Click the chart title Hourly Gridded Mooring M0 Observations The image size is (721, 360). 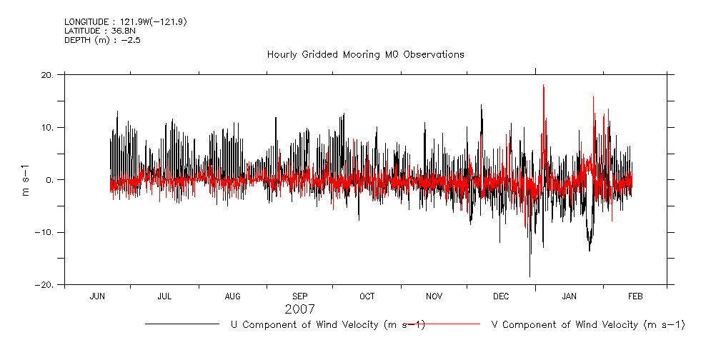(x=365, y=54)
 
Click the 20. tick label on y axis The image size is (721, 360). (x=48, y=74)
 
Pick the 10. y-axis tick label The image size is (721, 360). (x=48, y=127)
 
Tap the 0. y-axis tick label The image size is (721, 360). (x=51, y=180)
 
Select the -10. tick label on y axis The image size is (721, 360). (x=46, y=232)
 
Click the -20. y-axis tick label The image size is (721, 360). (x=46, y=284)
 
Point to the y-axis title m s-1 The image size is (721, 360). (x=26, y=179)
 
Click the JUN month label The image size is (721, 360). (x=98, y=296)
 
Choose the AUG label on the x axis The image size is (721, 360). (x=233, y=296)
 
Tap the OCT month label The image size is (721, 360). (x=367, y=296)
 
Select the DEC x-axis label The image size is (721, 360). (x=501, y=296)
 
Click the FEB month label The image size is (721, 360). (x=635, y=296)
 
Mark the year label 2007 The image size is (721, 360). (x=299, y=310)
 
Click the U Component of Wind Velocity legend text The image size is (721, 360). (x=327, y=325)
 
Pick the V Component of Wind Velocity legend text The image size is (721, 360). (x=588, y=325)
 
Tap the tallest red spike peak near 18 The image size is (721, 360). (x=544, y=85)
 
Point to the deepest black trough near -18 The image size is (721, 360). (x=529, y=276)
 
